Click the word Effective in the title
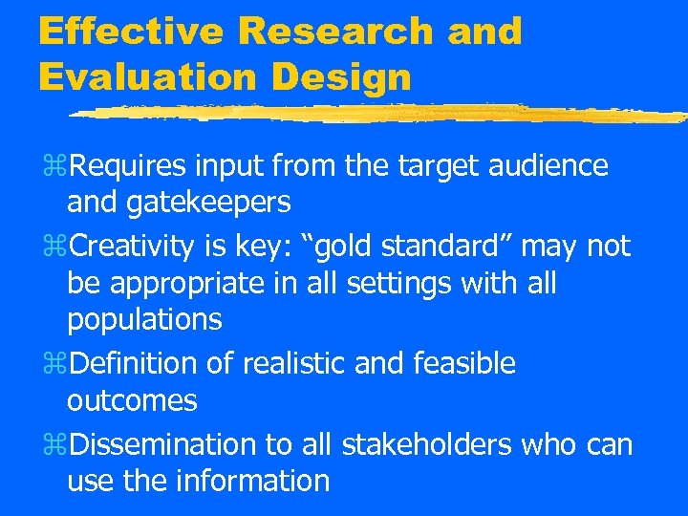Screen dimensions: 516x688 pyautogui.click(x=130, y=31)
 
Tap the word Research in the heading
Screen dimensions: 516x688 pyautogui.click(x=335, y=31)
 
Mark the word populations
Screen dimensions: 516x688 pyautogui.click(x=144, y=320)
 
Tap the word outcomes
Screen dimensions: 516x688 pyautogui.click(x=132, y=400)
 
